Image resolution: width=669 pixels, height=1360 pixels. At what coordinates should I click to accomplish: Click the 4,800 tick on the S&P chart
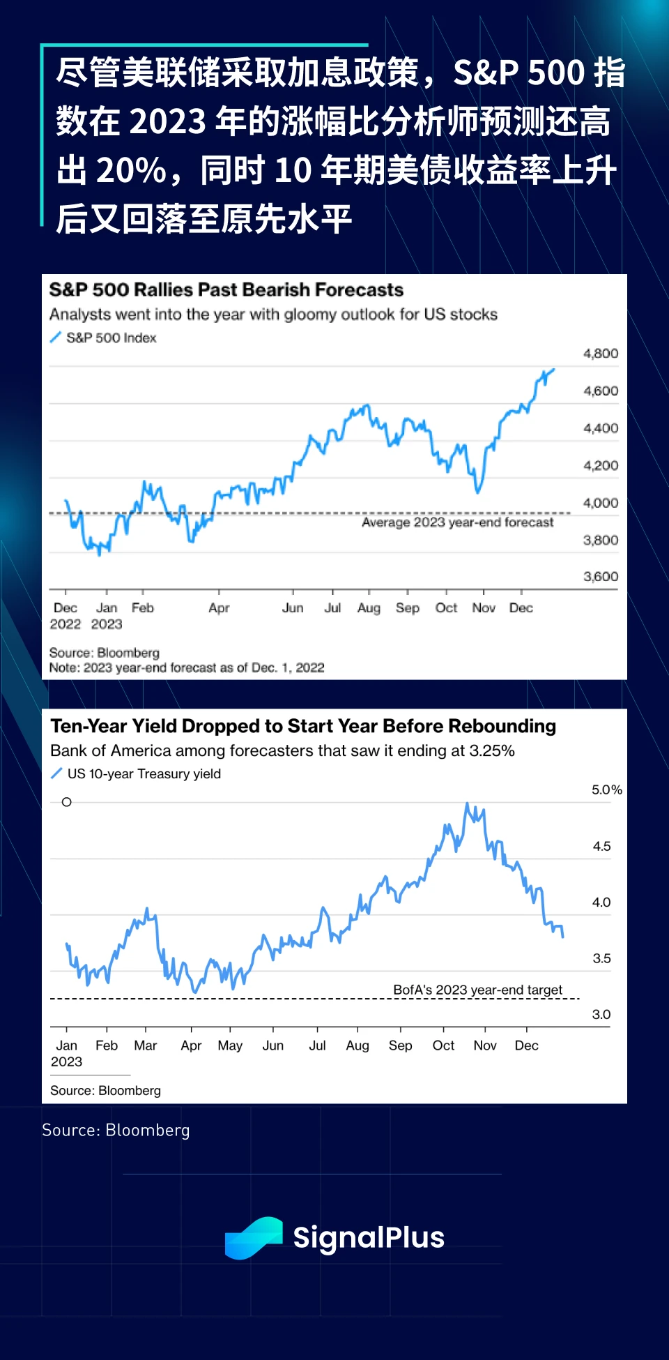pos(600,354)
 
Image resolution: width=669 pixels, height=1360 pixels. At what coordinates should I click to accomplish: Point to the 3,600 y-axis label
pos(600,577)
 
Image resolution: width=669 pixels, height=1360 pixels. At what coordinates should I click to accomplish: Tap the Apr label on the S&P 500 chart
pos(219,608)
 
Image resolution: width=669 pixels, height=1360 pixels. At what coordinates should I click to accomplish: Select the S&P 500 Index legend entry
pos(111,338)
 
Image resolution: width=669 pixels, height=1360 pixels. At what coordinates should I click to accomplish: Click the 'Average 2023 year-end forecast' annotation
pos(457,522)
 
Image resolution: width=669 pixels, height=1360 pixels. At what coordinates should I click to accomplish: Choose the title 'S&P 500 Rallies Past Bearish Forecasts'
pos(226,290)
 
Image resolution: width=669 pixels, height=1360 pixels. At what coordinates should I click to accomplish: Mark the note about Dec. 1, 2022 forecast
pos(187,668)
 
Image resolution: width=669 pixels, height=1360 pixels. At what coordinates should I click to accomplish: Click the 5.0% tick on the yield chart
pos(606,790)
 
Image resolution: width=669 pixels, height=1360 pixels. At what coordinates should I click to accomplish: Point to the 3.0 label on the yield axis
pos(601,1015)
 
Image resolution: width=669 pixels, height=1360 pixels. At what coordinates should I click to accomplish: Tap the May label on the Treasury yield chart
pos(230,1045)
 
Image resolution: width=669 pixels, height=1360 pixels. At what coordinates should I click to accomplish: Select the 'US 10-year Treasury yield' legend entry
pos(144,774)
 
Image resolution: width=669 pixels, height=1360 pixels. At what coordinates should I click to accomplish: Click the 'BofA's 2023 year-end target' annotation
pos(477,990)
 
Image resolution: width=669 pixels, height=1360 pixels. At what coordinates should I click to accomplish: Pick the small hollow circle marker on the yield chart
pos(67,802)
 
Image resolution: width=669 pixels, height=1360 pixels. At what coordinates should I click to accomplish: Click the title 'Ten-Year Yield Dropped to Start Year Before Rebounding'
pos(303,727)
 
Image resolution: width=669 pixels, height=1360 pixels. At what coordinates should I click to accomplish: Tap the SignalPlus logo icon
pos(253,1238)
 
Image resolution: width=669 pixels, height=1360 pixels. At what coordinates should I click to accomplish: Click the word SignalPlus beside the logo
pos(368,1238)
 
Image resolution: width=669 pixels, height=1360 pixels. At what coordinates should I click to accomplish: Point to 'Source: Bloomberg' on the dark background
pos(116,1131)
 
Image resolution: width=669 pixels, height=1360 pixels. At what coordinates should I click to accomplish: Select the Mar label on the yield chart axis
pos(145,1045)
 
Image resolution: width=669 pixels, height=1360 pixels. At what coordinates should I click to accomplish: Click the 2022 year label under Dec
pos(65,624)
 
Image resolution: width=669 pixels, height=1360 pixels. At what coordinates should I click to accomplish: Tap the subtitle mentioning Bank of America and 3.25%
pos(282,751)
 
